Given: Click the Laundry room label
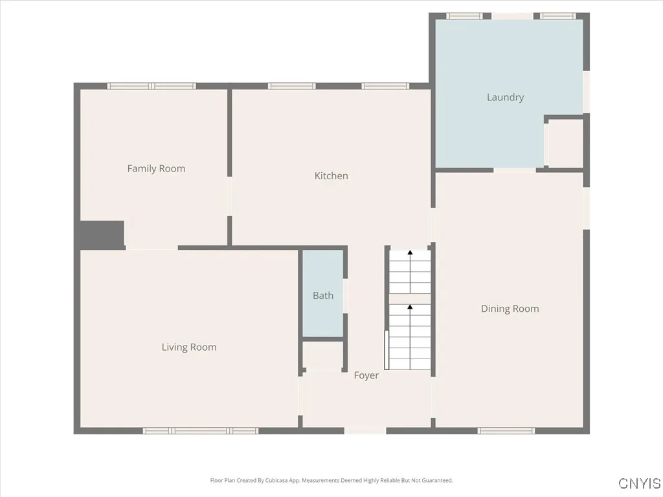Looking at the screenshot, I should (x=505, y=98).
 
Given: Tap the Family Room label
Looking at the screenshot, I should (x=156, y=169).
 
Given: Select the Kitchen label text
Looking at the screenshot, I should (x=331, y=176).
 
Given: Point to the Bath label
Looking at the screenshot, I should (x=323, y=296).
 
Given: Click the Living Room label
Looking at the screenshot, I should (x=189, y=348).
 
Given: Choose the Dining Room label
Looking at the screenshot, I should (x=510, y=309).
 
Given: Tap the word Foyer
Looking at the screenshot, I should (x=366, y=375).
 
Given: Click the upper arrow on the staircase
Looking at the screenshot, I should (x=410, y=254).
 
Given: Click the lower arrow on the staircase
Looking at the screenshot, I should (x=410, y=307).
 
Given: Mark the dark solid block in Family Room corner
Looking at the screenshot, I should (x=102, y=234).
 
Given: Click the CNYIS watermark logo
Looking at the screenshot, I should (x=640, y=483).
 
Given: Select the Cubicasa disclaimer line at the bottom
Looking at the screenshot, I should (x=331, y=481).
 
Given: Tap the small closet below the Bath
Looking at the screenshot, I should (x=323, y=355).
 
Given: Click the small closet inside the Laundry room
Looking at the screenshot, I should (x=565, y=143).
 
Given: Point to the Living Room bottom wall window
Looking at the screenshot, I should (x=201, y=430).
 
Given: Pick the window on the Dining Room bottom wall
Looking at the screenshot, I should (x=506, y=430).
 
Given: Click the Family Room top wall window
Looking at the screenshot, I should (x=152, y=86).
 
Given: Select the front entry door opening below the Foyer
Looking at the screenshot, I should (x=365, y=430).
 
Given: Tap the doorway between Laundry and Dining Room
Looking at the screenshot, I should (x=515, y=170).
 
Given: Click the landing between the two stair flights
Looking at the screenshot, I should (x=410, y=298).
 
